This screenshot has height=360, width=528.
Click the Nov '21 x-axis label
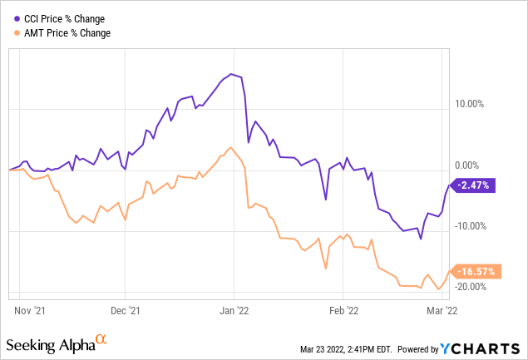pyautogui.click(x=30, y=310)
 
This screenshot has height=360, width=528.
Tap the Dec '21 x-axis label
pyautogui.click(x=124, y=310)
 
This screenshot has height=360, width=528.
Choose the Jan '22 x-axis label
pyautogui.click(x=234, y=310)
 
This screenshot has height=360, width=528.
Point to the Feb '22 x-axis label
pyautogui.click(x=343, y=310)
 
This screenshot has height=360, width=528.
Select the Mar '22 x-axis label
pyautogui.click(x=442, y=310)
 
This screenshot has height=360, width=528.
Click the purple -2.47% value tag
pyautogui.click(x=474, y=185)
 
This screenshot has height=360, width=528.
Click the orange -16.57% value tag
pyautogui.click(x=474, y=271)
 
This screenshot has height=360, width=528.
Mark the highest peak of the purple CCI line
pyautogui.click(x=231, y=74)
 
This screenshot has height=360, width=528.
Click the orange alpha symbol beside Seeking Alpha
pyautogui.click(x=101, y=340)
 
